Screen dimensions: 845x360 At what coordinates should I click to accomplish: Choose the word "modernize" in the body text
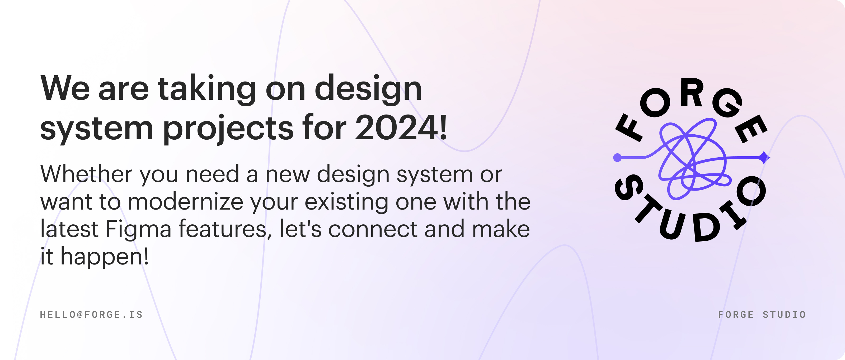[x=185, y=201]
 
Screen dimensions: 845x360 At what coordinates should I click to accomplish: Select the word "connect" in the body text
[x=373, y=229]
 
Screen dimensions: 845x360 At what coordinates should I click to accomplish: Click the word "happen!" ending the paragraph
[x=105, y=257]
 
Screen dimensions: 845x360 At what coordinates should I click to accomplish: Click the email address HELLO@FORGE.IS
[x=91, y=314]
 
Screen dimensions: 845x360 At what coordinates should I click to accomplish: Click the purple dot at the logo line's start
[x=617, y=158]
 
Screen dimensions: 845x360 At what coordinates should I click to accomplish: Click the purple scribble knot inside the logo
[x=694, y=159]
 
